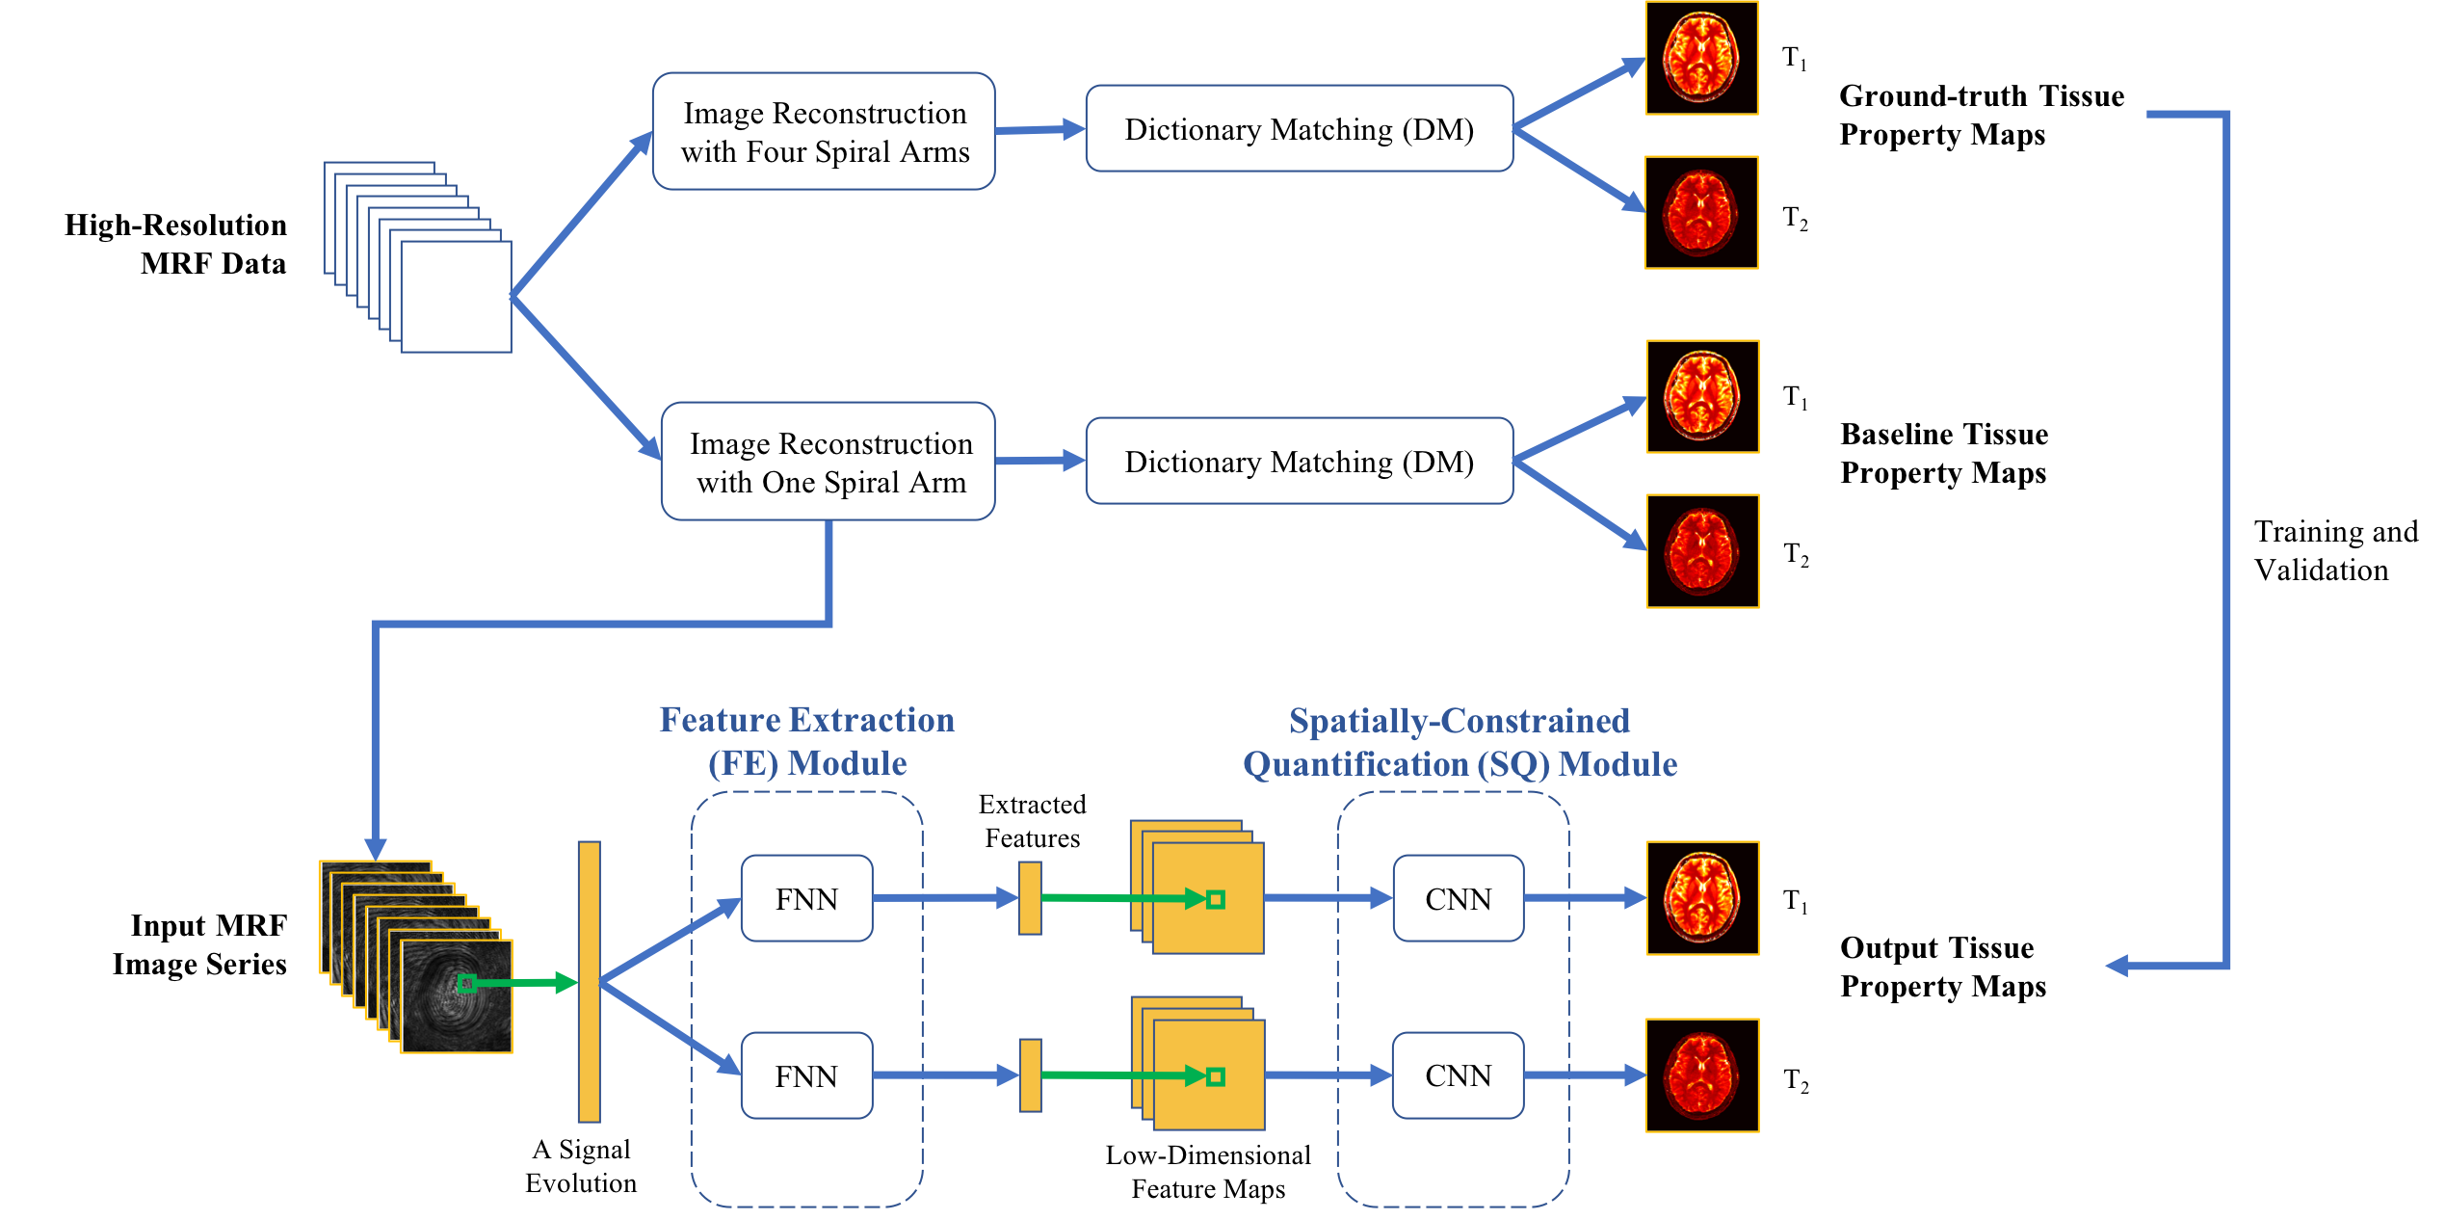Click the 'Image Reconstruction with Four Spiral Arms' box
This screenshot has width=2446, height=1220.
point(824,131)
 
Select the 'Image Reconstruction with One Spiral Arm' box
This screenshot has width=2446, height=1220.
point(828,462)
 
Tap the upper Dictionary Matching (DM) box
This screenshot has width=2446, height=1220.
point(1300,128)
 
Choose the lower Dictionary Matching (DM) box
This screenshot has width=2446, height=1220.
point(1300,461)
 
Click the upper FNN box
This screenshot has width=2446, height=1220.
point(807,898)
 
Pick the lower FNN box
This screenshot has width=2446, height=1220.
point(807,1075)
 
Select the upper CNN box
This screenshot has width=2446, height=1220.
point(1459,898)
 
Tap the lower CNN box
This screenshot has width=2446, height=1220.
point(1459,1075)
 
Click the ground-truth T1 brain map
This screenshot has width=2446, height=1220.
point(1702,58)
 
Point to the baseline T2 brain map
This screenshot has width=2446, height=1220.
point(1703,551)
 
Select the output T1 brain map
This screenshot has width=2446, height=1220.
point(1703,898)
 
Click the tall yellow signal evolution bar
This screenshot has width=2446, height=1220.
point(590,982)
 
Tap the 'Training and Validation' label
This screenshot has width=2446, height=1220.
point(2336,550)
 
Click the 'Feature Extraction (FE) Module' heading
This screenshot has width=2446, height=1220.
point(807,741)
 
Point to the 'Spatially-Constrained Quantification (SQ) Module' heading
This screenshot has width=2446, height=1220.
point(1460,742)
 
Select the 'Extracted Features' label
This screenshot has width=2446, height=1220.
point(1033,821)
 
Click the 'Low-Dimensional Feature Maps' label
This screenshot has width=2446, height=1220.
point(1208,1172)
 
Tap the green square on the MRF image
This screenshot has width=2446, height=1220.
point(467,983)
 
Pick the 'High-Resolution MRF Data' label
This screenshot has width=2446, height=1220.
point(175,244)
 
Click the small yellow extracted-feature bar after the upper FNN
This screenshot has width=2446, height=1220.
point(1030,898)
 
